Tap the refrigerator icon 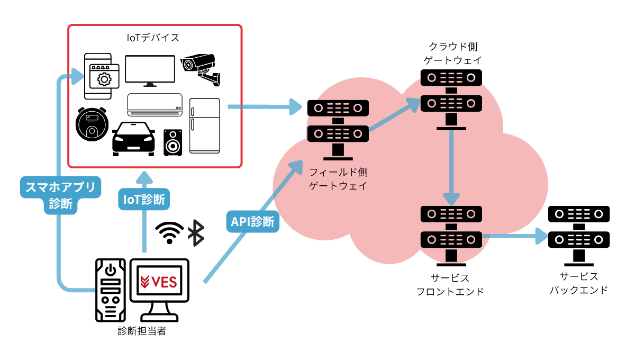(x=204, y=125)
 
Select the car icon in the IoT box (x=133, y=139)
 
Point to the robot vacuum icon (x=92, y=124)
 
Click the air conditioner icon (x=155, y=105)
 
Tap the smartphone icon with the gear (x=98, y=76)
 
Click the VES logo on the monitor (x=159, y=282)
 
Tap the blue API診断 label (x=253, y=222)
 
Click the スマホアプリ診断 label (x=60, y=195)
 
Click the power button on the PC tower (x=110, y=270)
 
